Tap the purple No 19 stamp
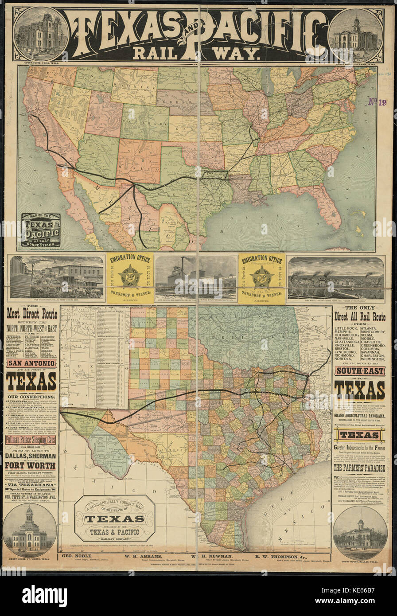[378, 102]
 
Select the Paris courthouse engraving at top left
[41, 34]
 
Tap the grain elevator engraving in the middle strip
[195, 277]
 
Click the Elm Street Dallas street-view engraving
[56, 277]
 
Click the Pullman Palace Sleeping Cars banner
[31, 440]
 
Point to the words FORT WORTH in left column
[30, 465]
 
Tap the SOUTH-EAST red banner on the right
[359, 370]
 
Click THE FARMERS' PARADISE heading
[359, 468]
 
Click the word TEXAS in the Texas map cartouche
[114, 519]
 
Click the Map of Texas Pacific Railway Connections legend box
[41, 230]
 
